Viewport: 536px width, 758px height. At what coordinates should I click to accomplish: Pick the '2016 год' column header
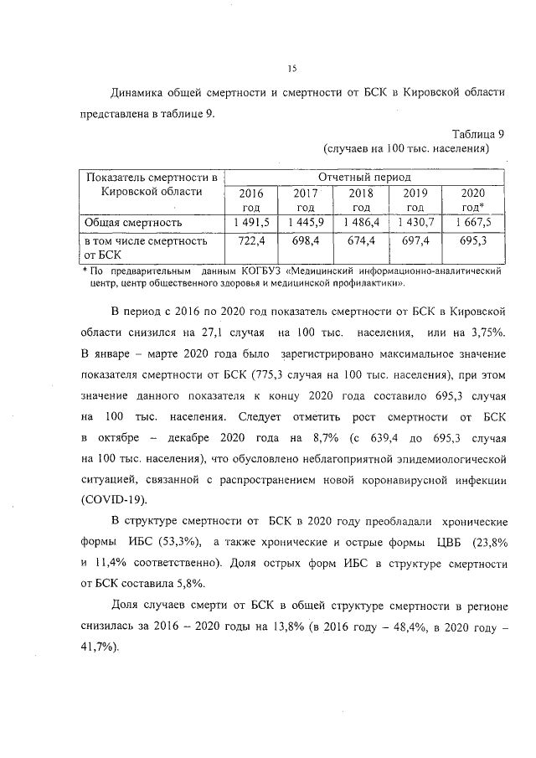click(x=251, y=200)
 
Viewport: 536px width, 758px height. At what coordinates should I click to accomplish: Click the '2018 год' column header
click(x=361, y=200)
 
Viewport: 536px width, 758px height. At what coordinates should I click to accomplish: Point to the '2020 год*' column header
click(x=472, y=200)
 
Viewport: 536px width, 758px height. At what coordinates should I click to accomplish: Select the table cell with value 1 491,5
click(x=251, y=222)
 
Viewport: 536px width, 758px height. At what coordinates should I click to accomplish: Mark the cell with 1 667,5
click(x=473, y=222)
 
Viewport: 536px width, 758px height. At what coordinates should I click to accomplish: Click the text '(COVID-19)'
click(x=114, y=499)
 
